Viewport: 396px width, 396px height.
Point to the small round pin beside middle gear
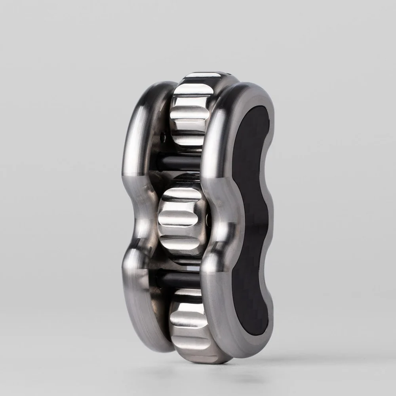coord(209,217)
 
